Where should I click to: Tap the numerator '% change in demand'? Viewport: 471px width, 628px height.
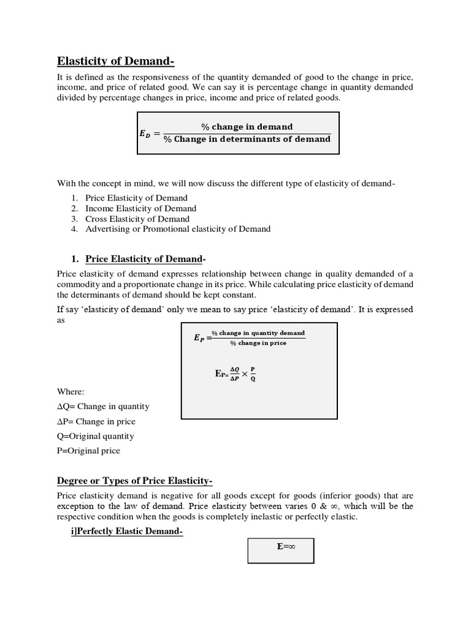coord(247,126)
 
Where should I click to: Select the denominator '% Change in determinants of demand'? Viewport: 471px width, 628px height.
coord(247,139)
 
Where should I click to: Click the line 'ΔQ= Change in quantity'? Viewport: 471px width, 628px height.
coord(103,407)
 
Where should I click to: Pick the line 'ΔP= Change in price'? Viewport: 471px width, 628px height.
coord(96,422)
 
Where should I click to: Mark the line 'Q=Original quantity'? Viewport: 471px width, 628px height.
coord(95,437)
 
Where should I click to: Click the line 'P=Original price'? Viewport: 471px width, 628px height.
coord(88,451)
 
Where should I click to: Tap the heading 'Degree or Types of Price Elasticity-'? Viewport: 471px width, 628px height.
coord(135,480)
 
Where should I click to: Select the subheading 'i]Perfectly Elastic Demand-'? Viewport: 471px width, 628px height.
coord(127,532)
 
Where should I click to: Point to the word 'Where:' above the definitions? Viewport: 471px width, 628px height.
coord(71,391)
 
